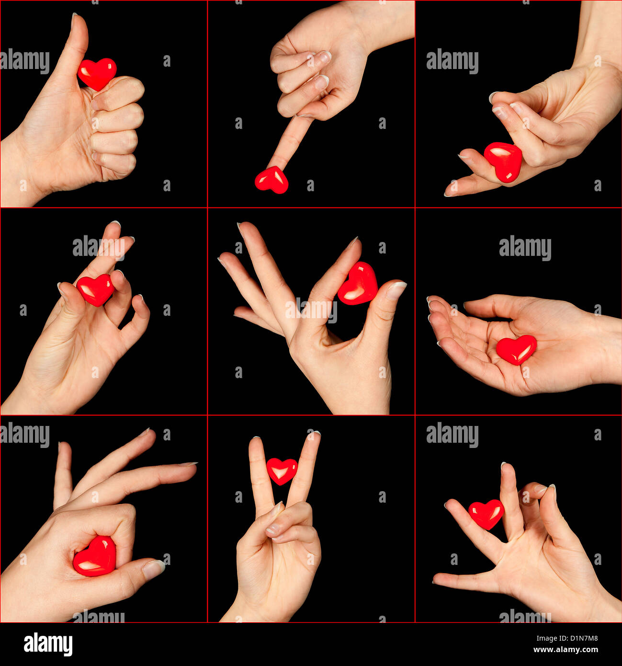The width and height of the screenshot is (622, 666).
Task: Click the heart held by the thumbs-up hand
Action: [x=97, y=73]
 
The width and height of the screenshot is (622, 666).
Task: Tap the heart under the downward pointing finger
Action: [x=271, y=180]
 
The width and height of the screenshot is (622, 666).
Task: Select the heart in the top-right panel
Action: [x=503, y=161]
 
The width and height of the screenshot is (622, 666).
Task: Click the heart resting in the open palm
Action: [x=516, y=349]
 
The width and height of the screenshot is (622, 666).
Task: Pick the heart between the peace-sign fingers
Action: [x=282, y=470]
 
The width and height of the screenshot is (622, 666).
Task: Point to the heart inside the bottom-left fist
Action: [x=95, y=557]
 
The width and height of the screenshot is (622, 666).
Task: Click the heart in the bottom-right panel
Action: [x=486, y=514]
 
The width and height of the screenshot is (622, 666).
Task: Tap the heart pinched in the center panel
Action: [x=358, y=284]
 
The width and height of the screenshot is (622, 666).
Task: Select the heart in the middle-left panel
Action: [x=95, y=289]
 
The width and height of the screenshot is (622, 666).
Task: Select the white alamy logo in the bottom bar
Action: [x=48, y=644]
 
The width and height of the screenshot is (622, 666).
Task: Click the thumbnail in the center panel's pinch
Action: [x=396, y=290]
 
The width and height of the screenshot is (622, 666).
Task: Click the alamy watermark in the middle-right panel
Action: [x=525, y=248]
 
